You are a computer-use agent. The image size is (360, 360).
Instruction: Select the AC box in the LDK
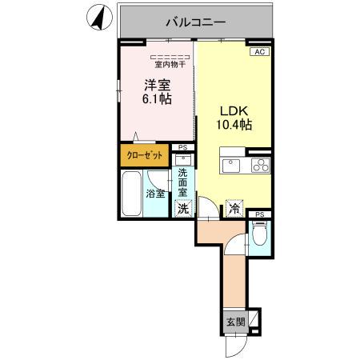[x=259, y=52]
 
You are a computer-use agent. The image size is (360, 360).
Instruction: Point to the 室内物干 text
[x=169, y=65]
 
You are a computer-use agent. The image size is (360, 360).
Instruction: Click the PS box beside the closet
[x=183, y=148]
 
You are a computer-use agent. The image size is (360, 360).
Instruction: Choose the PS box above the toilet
[x=259, y=214]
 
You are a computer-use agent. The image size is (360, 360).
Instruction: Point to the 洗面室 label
[x=183, y=182]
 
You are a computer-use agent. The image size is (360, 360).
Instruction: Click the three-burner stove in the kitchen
[x=260, y=166]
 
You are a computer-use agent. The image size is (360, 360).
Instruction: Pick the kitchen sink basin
[x=230, y=166]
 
